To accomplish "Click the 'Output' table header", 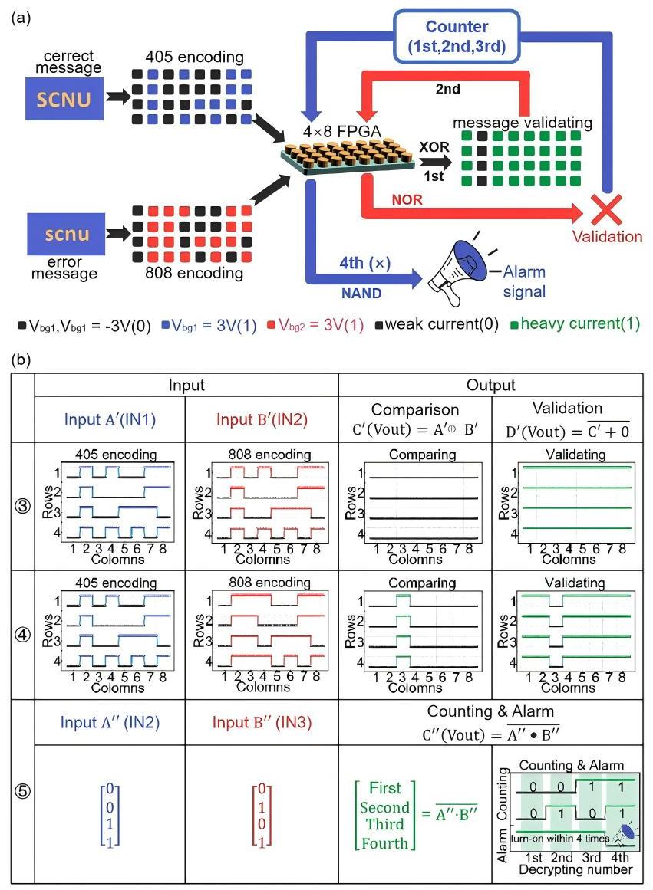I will [x=491, y=385].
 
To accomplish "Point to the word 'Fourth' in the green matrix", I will [x=382, y=842].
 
